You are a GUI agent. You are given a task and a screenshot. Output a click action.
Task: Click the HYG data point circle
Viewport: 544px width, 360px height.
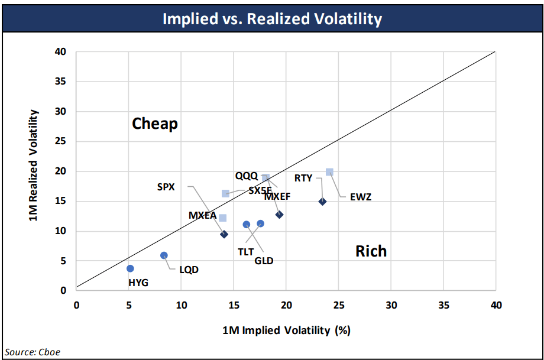coord(130,268)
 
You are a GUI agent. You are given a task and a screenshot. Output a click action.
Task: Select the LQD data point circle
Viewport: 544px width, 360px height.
coord(164,255)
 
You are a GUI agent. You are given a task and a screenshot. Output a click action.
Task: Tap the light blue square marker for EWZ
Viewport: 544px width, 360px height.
coord(329,172)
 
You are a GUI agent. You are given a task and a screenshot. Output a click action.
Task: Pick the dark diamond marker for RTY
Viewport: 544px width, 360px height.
coord(322,202)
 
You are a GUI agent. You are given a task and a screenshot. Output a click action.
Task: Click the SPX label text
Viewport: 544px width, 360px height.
coord(166,187)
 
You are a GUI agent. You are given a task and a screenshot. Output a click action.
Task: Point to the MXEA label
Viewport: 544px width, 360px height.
coord(202,215)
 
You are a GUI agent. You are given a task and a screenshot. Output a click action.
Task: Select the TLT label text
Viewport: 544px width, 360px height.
coord(246,251)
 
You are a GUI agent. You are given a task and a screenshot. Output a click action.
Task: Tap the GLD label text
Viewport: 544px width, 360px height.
coord(264,261)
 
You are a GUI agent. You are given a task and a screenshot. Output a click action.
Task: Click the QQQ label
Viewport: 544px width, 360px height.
coord(246,176)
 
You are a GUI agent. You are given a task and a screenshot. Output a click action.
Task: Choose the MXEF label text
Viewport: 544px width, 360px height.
coord(277,196)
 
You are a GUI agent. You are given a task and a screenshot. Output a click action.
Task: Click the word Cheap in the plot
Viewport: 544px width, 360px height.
coord(155,124)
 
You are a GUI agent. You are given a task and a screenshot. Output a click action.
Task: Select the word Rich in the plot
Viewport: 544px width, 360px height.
coord(371,251)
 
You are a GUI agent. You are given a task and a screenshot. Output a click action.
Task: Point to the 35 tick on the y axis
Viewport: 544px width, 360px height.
coord(61,82)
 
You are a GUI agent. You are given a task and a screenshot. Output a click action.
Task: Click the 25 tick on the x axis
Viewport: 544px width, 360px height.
coord(338,305)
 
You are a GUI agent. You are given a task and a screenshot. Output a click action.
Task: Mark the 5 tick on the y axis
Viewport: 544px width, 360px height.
coord(64,261)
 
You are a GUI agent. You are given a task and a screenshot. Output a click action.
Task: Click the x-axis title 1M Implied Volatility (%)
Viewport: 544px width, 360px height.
coord(286,330)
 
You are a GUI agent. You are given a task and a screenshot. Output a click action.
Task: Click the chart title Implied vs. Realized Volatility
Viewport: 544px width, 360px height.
coord(272,18)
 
